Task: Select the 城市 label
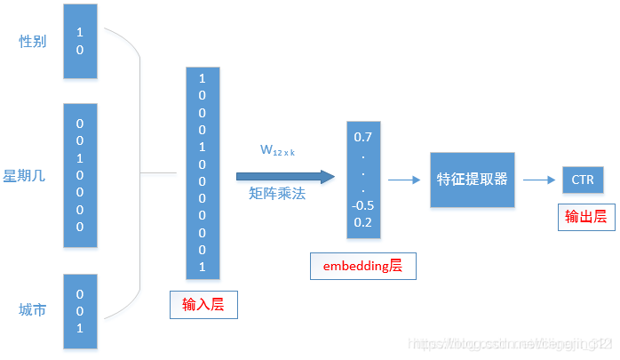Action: pos(32,309)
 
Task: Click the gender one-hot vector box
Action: pos(80,40)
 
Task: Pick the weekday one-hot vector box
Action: pos(80,175)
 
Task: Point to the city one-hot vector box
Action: pos(80,310)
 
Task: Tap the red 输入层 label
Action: pos(203,305)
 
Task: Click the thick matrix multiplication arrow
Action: pos(284,176)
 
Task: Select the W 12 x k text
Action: pos(277,151)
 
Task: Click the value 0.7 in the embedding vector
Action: pos(363,138)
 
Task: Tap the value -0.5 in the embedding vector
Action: pos(363,205)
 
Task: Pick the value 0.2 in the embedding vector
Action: pos(363,222)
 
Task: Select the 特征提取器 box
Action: pos(472,179)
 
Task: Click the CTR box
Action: pos(583,180)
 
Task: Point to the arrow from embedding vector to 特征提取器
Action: pos(404,180)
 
